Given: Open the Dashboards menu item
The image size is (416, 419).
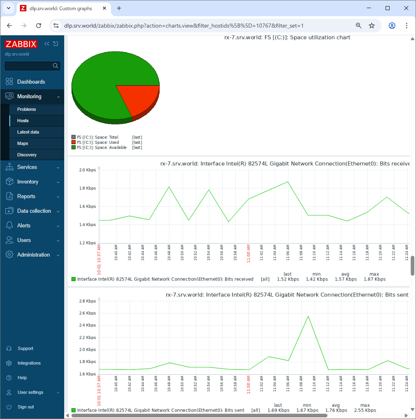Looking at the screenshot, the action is pos(31,82).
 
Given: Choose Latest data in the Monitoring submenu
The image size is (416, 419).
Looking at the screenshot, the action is pos(28,132).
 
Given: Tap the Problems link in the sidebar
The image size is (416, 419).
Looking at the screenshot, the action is pos(26,109).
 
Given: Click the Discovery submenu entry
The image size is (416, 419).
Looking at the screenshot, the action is pos(27,155).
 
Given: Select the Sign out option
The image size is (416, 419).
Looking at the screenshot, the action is pos(26,407).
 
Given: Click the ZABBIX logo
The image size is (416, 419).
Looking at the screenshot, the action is pos(21,44).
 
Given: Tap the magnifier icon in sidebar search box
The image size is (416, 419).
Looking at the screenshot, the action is pos(55,66).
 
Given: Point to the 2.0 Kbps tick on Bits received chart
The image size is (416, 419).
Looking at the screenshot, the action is pos(87,170).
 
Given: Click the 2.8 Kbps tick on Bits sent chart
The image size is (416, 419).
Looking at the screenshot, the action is pos(87,301).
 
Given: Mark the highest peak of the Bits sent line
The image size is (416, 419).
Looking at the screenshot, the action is pos(308,316).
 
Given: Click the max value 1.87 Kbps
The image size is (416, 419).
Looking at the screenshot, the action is pos(375,279).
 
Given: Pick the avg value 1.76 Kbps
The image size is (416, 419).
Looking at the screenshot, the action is pos(336,410).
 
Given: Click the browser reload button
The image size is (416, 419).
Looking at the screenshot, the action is pos(39,26).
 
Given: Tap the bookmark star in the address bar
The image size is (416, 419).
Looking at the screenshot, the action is pos(372,26).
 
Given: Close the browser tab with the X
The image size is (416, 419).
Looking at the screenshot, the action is pos(104,8).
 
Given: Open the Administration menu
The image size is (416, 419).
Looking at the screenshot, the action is pos(33,255).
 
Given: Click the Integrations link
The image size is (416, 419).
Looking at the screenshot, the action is pos(29,363).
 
